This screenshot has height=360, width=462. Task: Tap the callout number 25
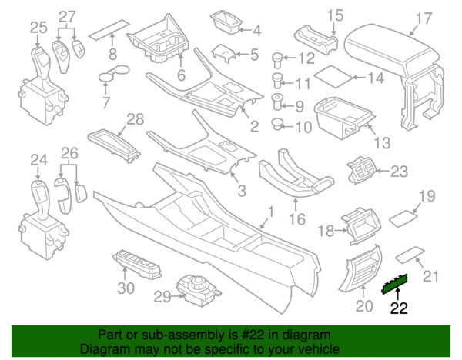[x=38, y=28]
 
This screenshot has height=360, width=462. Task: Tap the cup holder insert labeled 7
[x=114, y=75]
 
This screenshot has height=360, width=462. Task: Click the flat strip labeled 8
[x=106, y=32]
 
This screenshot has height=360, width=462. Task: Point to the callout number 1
[x=269, y=212]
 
